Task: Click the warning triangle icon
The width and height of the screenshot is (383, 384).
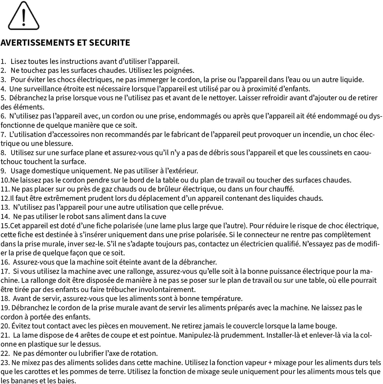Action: [24, 16]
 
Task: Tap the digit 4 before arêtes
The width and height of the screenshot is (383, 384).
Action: [77, 335]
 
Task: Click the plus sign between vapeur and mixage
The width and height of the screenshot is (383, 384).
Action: [270, 363]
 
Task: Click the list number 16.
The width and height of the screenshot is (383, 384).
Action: [5, 262]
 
